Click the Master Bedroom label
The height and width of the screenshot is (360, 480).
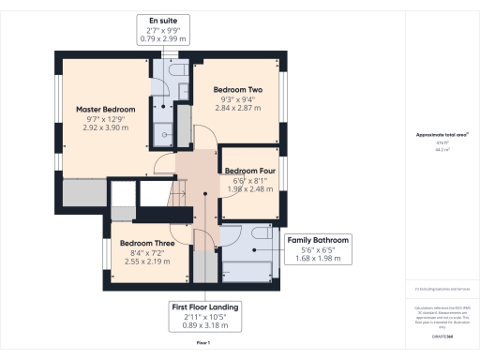click(x=105, y=110)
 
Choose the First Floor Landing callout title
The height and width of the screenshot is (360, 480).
click(x=204, y=307)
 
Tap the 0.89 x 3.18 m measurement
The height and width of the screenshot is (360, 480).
click(x=204, y=327)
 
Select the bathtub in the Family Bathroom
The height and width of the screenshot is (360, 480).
click(x=246, y=271)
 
